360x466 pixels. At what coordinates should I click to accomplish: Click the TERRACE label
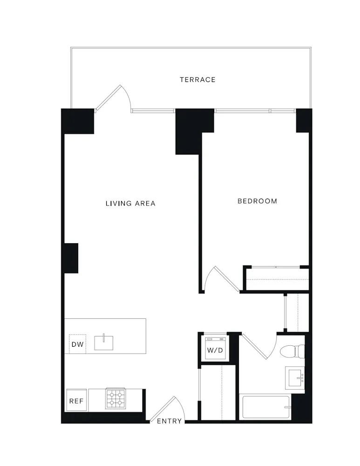click(x=197, y=80)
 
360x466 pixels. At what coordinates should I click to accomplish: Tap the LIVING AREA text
click(x=130, y=204)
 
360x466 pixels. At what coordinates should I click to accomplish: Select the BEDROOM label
click(x=257, y=201)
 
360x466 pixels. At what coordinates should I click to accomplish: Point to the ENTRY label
click(x=169, y=421)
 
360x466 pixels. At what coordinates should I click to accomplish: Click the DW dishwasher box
click(x=77, y=345)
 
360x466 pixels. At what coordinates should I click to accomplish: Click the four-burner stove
click(x=116, y=399)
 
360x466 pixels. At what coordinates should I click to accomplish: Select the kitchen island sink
click(x=104, y=343)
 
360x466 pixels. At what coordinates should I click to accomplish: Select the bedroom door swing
click(x=219, y=280)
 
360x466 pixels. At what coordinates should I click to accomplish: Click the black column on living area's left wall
click(x=71, y=258)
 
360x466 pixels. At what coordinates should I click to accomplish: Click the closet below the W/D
click(x=218, y=393)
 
